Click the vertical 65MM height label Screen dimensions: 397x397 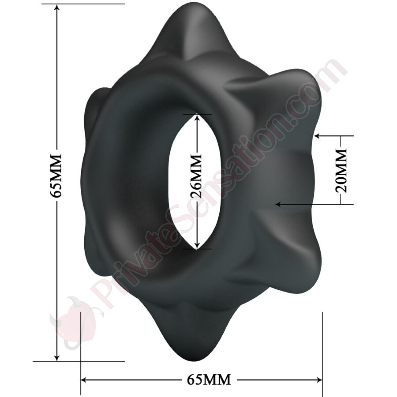tap(56, 176)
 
